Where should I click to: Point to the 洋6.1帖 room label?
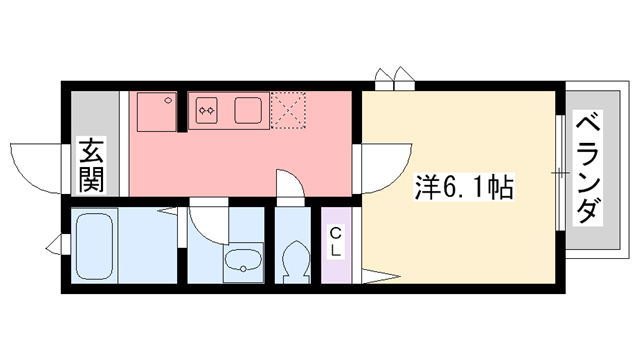click(464, 186)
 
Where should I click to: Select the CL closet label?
click(337, 243)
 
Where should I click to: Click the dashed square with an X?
click(290, 110)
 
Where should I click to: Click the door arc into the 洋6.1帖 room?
click(383, 166)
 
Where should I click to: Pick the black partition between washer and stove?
click(183, 110)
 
